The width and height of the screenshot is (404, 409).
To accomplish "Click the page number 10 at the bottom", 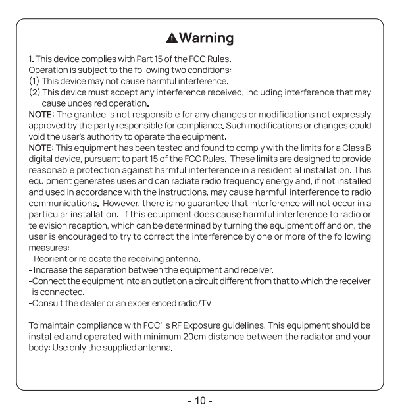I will (202, 399).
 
